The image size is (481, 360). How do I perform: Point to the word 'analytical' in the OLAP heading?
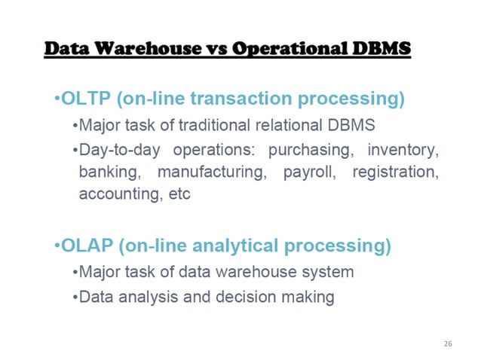234,246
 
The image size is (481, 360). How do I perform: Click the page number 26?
448,343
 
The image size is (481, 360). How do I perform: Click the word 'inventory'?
403,151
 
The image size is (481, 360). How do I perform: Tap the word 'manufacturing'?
213,172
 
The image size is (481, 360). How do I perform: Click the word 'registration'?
396,172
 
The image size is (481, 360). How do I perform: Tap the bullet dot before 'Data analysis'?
75,297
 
